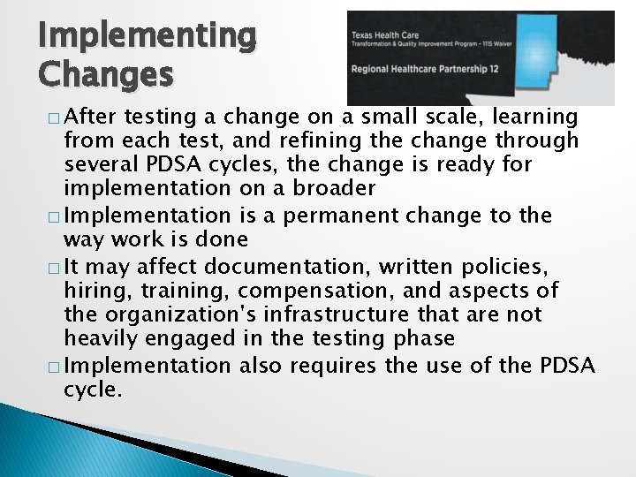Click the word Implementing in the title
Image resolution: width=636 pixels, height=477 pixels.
click(x=147, y=37)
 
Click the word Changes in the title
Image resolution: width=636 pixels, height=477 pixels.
click(x=106, y=75)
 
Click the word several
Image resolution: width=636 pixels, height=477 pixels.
click(x=102, y=165)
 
